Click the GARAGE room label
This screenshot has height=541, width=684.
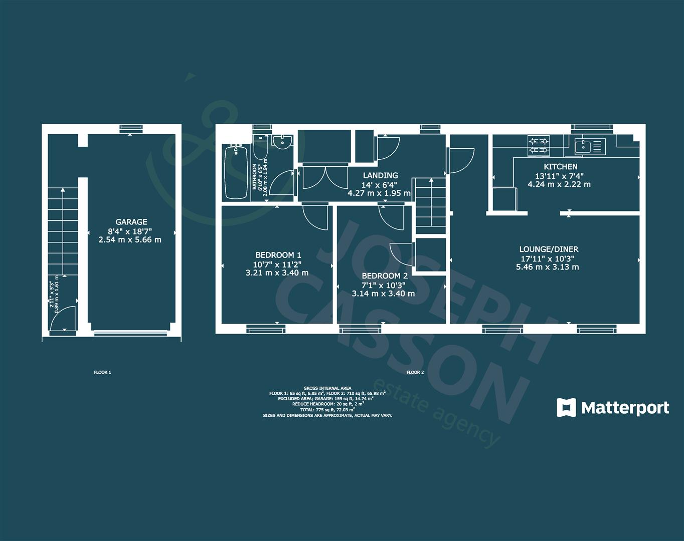coord(131,222)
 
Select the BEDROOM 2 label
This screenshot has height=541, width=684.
coord(385,276)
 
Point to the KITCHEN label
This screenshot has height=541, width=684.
coord(561,167)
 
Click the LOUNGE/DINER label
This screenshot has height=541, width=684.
coord(549,249)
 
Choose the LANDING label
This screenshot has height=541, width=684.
coord(380,175)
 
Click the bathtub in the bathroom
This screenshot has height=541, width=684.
coord(236,171)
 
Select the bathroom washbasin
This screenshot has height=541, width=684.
coord(283,141)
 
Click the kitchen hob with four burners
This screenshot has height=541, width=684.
coord(539,145)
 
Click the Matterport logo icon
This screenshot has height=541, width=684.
coord(567,408)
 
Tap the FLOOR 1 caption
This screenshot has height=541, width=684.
coord(102,372)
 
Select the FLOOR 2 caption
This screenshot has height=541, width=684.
coord(415,372)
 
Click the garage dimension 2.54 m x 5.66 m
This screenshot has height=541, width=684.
coord(130,240)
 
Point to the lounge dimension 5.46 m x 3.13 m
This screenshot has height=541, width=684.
coord(548,267)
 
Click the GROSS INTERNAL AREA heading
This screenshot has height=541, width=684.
coord(327,388)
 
